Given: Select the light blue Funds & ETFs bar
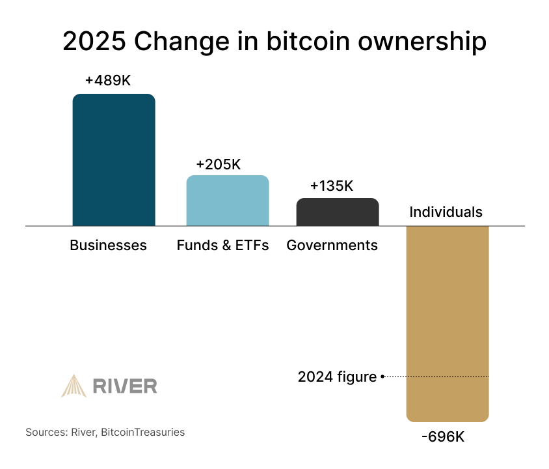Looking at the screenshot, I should (228, 201).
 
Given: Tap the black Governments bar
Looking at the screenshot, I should (338, 212).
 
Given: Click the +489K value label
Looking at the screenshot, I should (108, 81).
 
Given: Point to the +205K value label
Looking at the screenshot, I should (219, 165).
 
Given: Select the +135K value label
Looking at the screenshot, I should (332, 186).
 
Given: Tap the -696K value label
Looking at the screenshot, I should (443, 436).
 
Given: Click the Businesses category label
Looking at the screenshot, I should (109, 246).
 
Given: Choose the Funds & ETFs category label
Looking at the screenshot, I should (222, 246).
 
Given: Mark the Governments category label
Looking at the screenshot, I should (332, 246).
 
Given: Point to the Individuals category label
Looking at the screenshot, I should (446, 212).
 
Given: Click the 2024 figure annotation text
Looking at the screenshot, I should (337, 377).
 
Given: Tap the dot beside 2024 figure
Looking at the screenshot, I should (382, 377).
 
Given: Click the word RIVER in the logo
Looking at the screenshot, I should (125, 386).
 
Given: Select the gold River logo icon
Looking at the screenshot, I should (74, 386).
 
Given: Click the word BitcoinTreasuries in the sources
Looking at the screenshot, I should (142, 432).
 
